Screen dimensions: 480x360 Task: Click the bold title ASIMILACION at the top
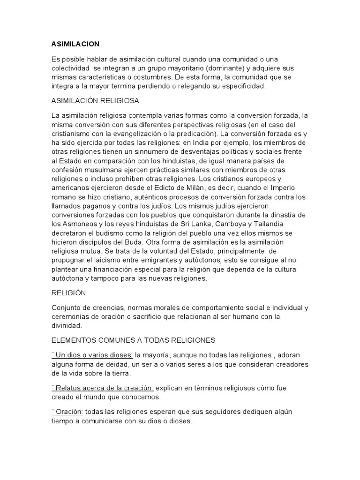click(75, 44)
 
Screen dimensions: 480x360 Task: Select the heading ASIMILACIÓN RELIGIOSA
click(95, 101)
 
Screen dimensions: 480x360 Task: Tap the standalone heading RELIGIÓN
click(68, 293)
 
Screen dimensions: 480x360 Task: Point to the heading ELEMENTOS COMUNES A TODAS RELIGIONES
click(133, 340)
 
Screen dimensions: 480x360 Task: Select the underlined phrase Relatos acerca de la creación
click(104, 388)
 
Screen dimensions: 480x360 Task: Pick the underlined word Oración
click(69, 412)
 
